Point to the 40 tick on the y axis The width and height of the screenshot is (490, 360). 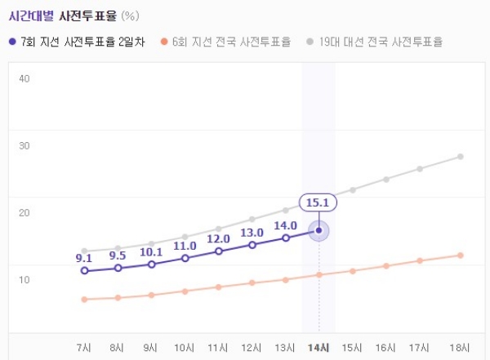tap(24, 78)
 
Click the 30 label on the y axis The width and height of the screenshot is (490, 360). tap(24, 145)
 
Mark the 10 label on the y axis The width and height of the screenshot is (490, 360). tap(24, 279)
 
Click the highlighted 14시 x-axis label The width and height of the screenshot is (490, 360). tap(318, 348)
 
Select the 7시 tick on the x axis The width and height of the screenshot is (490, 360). tap(83, 348)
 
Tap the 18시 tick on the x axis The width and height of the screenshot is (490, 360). tap(461, 348)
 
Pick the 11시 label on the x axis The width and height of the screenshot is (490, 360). tap(218, 348)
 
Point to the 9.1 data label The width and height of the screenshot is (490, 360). tap(83, 258)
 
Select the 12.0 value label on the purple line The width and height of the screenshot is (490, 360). tap(218, 238)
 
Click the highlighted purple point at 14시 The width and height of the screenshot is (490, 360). tap(318, 231)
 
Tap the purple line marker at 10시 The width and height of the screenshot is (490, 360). tap(185, 258)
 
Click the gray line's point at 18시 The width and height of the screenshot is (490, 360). tap(461, 156)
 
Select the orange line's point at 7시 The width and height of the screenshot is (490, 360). tap(84, 300)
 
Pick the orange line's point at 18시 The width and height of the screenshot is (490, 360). tap(461, 256)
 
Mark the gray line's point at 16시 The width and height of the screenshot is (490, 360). tap(386, 179)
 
